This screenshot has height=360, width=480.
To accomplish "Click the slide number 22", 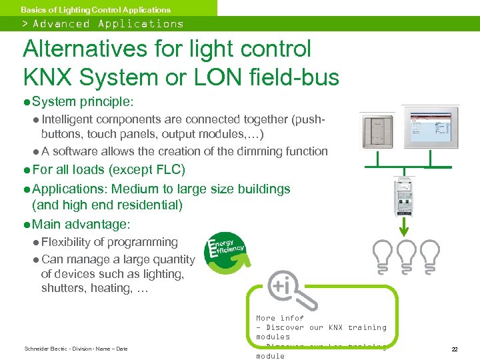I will [x=454, y=349].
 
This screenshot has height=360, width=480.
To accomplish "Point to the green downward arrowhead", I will [x=403, y=230].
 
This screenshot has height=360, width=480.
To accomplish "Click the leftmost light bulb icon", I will [x=383, y=255].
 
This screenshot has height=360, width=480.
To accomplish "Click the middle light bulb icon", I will [x=404, y=255].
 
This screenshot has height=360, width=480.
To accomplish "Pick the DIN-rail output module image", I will [x=404, y=199].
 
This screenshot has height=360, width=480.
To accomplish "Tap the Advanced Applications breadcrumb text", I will [x=108, y=24].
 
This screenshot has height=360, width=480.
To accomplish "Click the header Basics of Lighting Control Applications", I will [x=95, y=9].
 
